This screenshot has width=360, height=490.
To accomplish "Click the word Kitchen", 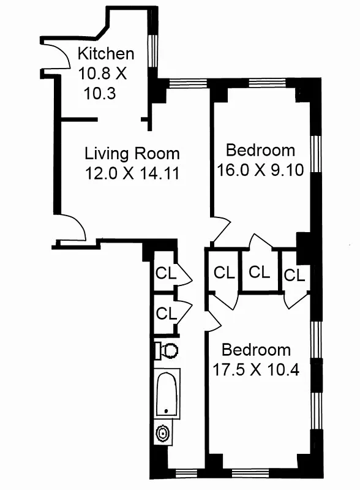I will (x=105, y=54).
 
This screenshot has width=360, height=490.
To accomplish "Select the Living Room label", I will (x=132, y=153).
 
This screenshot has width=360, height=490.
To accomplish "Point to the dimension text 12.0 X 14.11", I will (x=132, y=173).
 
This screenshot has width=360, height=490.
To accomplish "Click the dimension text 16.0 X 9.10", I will (x=261, y=170).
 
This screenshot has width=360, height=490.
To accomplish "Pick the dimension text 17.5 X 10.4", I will (x=256, y=370).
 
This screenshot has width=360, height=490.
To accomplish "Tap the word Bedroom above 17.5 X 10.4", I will (x=256, y=350).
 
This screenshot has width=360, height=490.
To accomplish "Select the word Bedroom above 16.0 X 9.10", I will (x=261, y=150).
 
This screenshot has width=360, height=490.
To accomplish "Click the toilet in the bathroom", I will (x=167, y=350).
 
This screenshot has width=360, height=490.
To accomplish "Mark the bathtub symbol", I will (x=167, y=394).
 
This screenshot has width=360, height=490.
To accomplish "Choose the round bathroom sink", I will (x=163, y=434).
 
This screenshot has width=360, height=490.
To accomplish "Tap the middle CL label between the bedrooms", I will (x=260, y=271).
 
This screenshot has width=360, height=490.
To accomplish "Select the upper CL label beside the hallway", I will (x=166, y=274).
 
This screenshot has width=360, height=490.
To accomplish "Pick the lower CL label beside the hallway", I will (x=166, y=313).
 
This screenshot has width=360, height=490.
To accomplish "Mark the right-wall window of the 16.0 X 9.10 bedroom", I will (x=315, y=153).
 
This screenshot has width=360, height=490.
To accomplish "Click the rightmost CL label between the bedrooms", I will (x=294, y=276).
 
